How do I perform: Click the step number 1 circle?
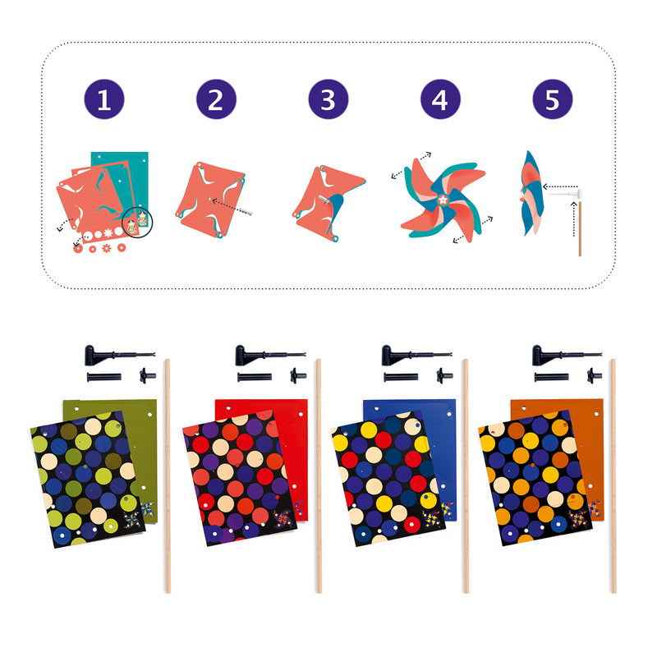[104, 99]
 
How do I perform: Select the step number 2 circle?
[216, 99]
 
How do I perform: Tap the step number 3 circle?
[328, 99]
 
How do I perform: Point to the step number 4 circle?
[440, 99]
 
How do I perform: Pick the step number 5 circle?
[553, 99]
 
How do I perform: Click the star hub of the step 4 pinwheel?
[443, 200]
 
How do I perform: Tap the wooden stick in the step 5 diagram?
[580, 229]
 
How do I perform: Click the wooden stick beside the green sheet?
[168, 476]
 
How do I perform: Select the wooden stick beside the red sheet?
[319, 476]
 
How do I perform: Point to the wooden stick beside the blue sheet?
[466, 476]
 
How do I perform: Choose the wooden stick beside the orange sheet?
[613, 476]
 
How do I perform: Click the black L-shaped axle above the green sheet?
[119, 356]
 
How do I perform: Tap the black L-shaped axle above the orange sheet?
[567, 356]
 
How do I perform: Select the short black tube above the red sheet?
[255, 377]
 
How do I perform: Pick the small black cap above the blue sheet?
[443, 375]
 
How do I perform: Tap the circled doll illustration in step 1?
[137, 222]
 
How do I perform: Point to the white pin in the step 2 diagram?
[244, 211]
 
